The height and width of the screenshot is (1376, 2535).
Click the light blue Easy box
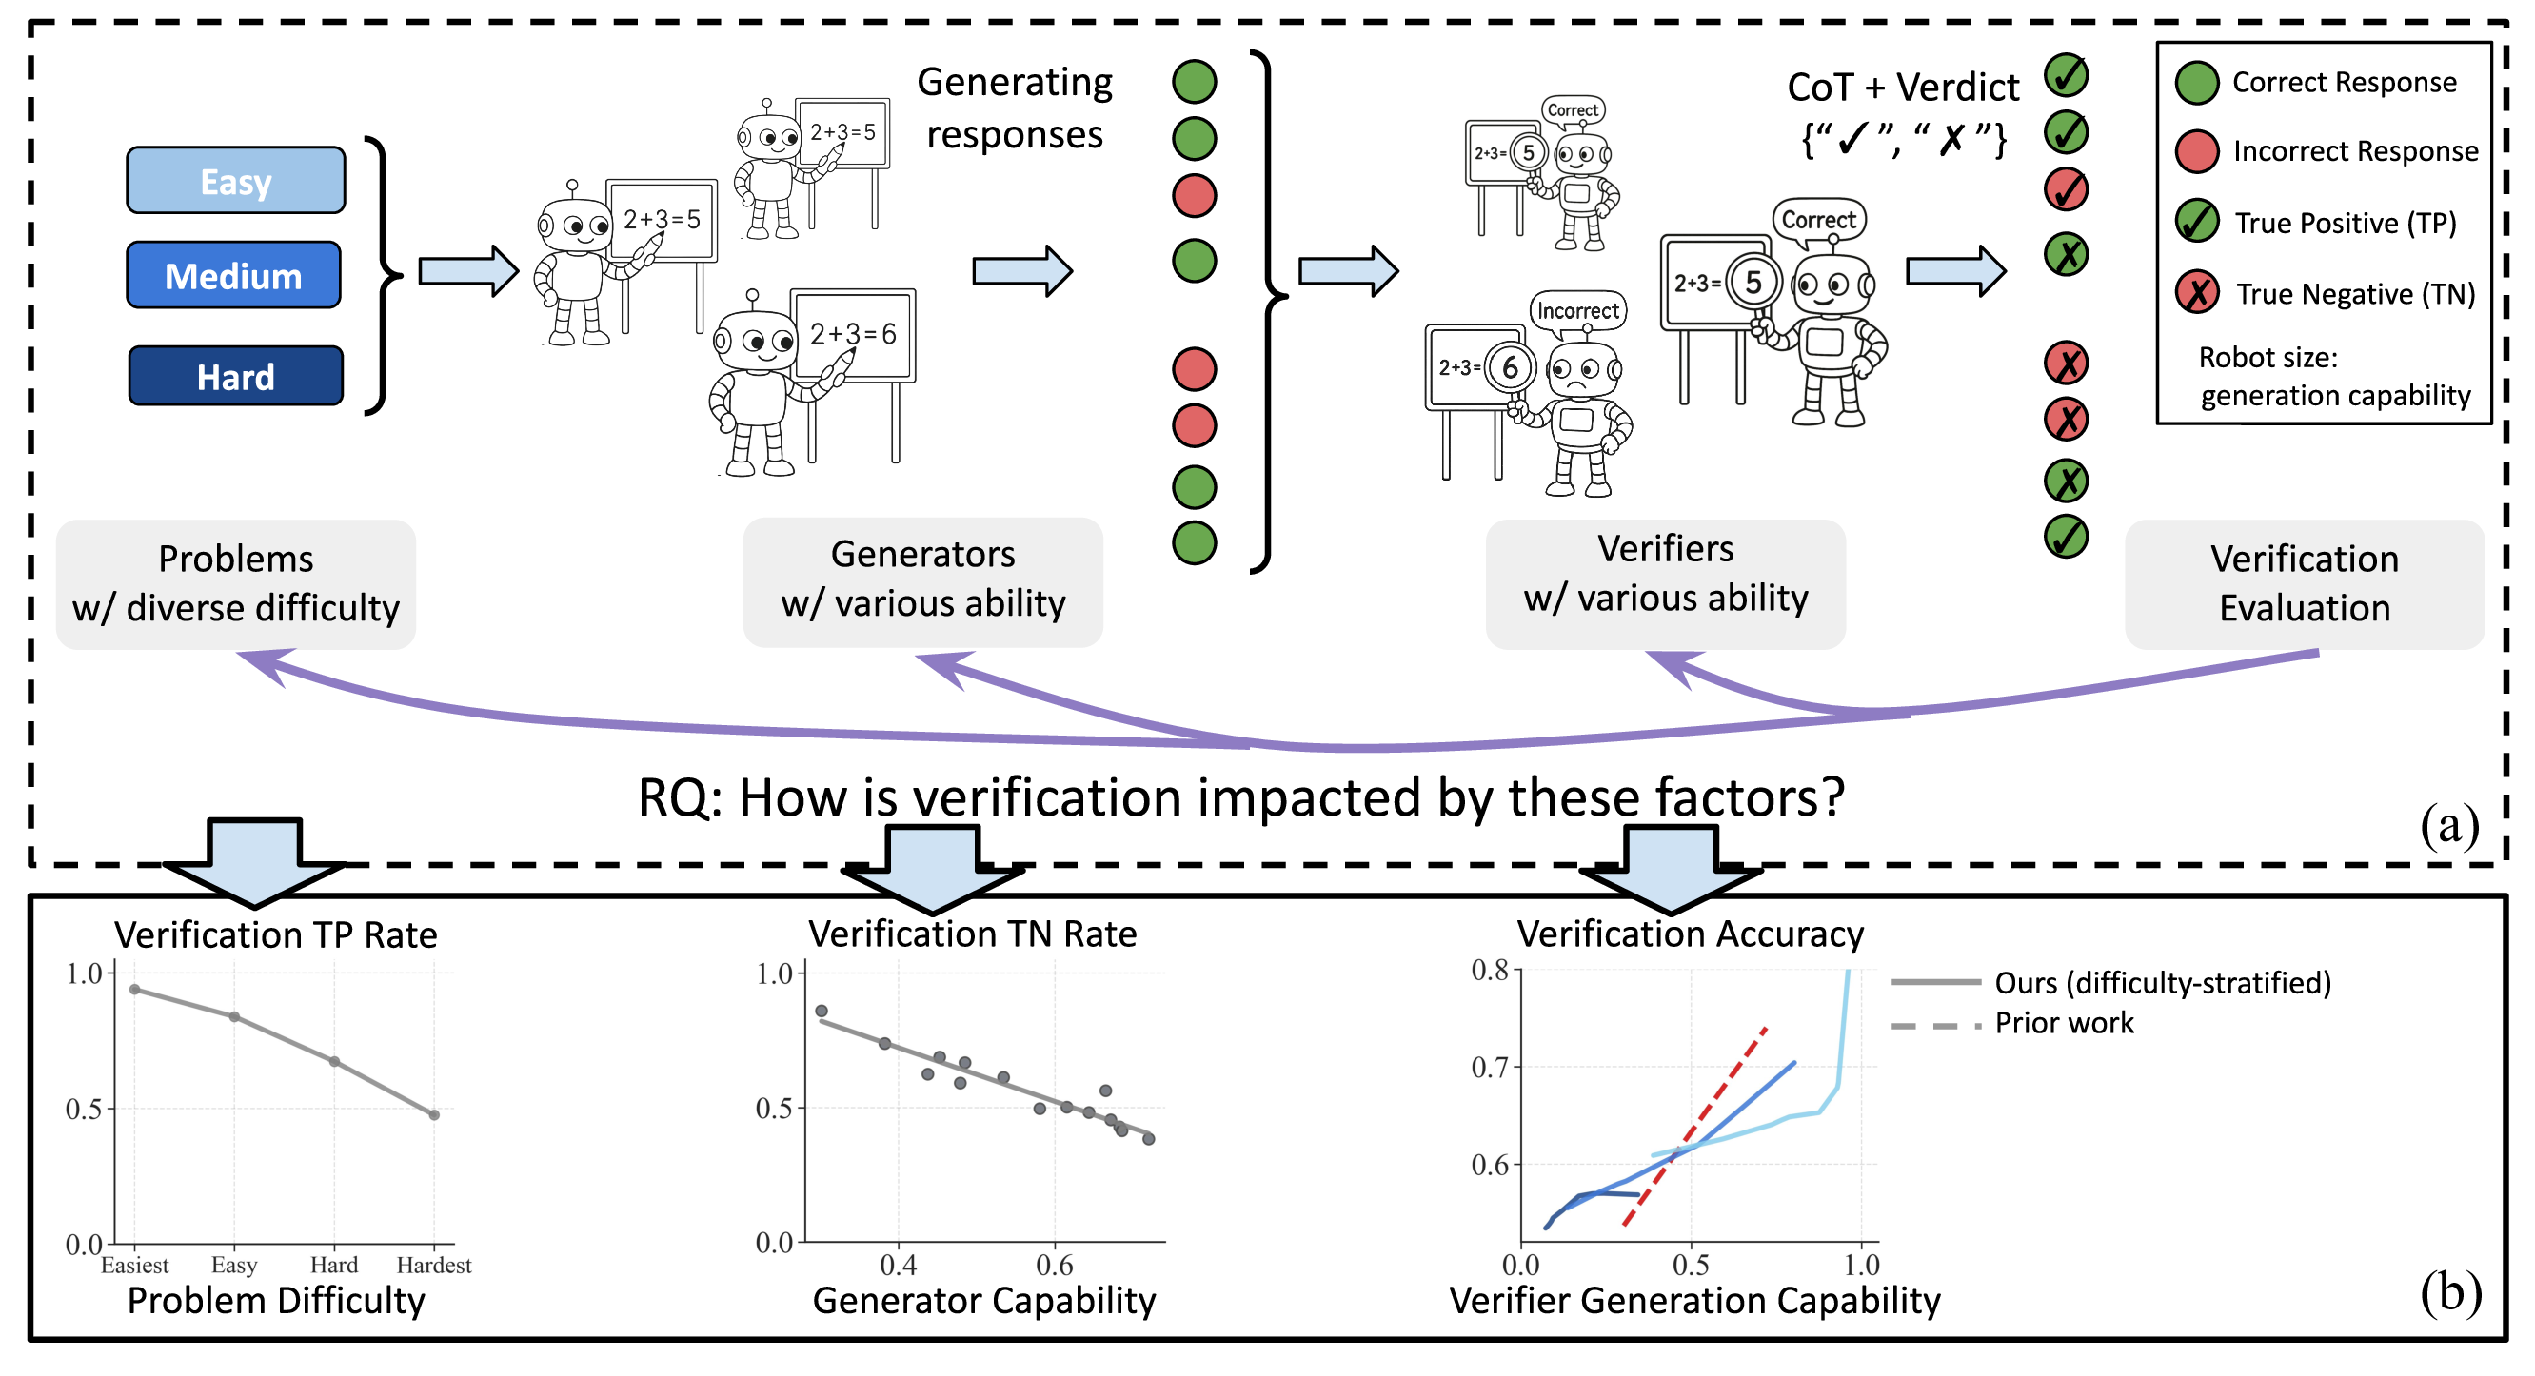point(235,181)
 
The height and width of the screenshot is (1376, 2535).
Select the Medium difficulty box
point(234,275)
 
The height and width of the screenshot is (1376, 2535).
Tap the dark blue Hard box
point(236,377)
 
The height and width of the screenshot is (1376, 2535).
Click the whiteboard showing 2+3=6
point(852,334)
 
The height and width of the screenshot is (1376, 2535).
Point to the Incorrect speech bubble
point(1577,311)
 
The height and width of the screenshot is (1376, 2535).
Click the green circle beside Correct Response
point(2196,83)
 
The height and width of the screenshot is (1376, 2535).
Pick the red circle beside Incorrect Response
point(2196,151)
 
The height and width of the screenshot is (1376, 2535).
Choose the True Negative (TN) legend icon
point(2196,293)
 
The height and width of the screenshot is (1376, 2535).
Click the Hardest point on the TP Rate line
point(434,1115)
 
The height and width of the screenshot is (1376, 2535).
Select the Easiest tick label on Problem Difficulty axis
point(135,1266)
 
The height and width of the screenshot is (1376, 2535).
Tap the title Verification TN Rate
point(972,934)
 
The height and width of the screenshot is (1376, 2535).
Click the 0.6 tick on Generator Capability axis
point(1055,1266)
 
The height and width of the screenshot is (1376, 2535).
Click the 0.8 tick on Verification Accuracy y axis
point(1489,972)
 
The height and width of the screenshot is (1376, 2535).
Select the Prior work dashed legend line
point(1935,1027)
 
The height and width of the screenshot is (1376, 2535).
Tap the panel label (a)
point(2449,824)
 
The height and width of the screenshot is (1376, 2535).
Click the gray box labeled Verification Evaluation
point(2304,584)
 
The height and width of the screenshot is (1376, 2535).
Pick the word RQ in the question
point(677,798)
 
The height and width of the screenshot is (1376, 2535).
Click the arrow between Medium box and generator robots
point(468,270)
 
